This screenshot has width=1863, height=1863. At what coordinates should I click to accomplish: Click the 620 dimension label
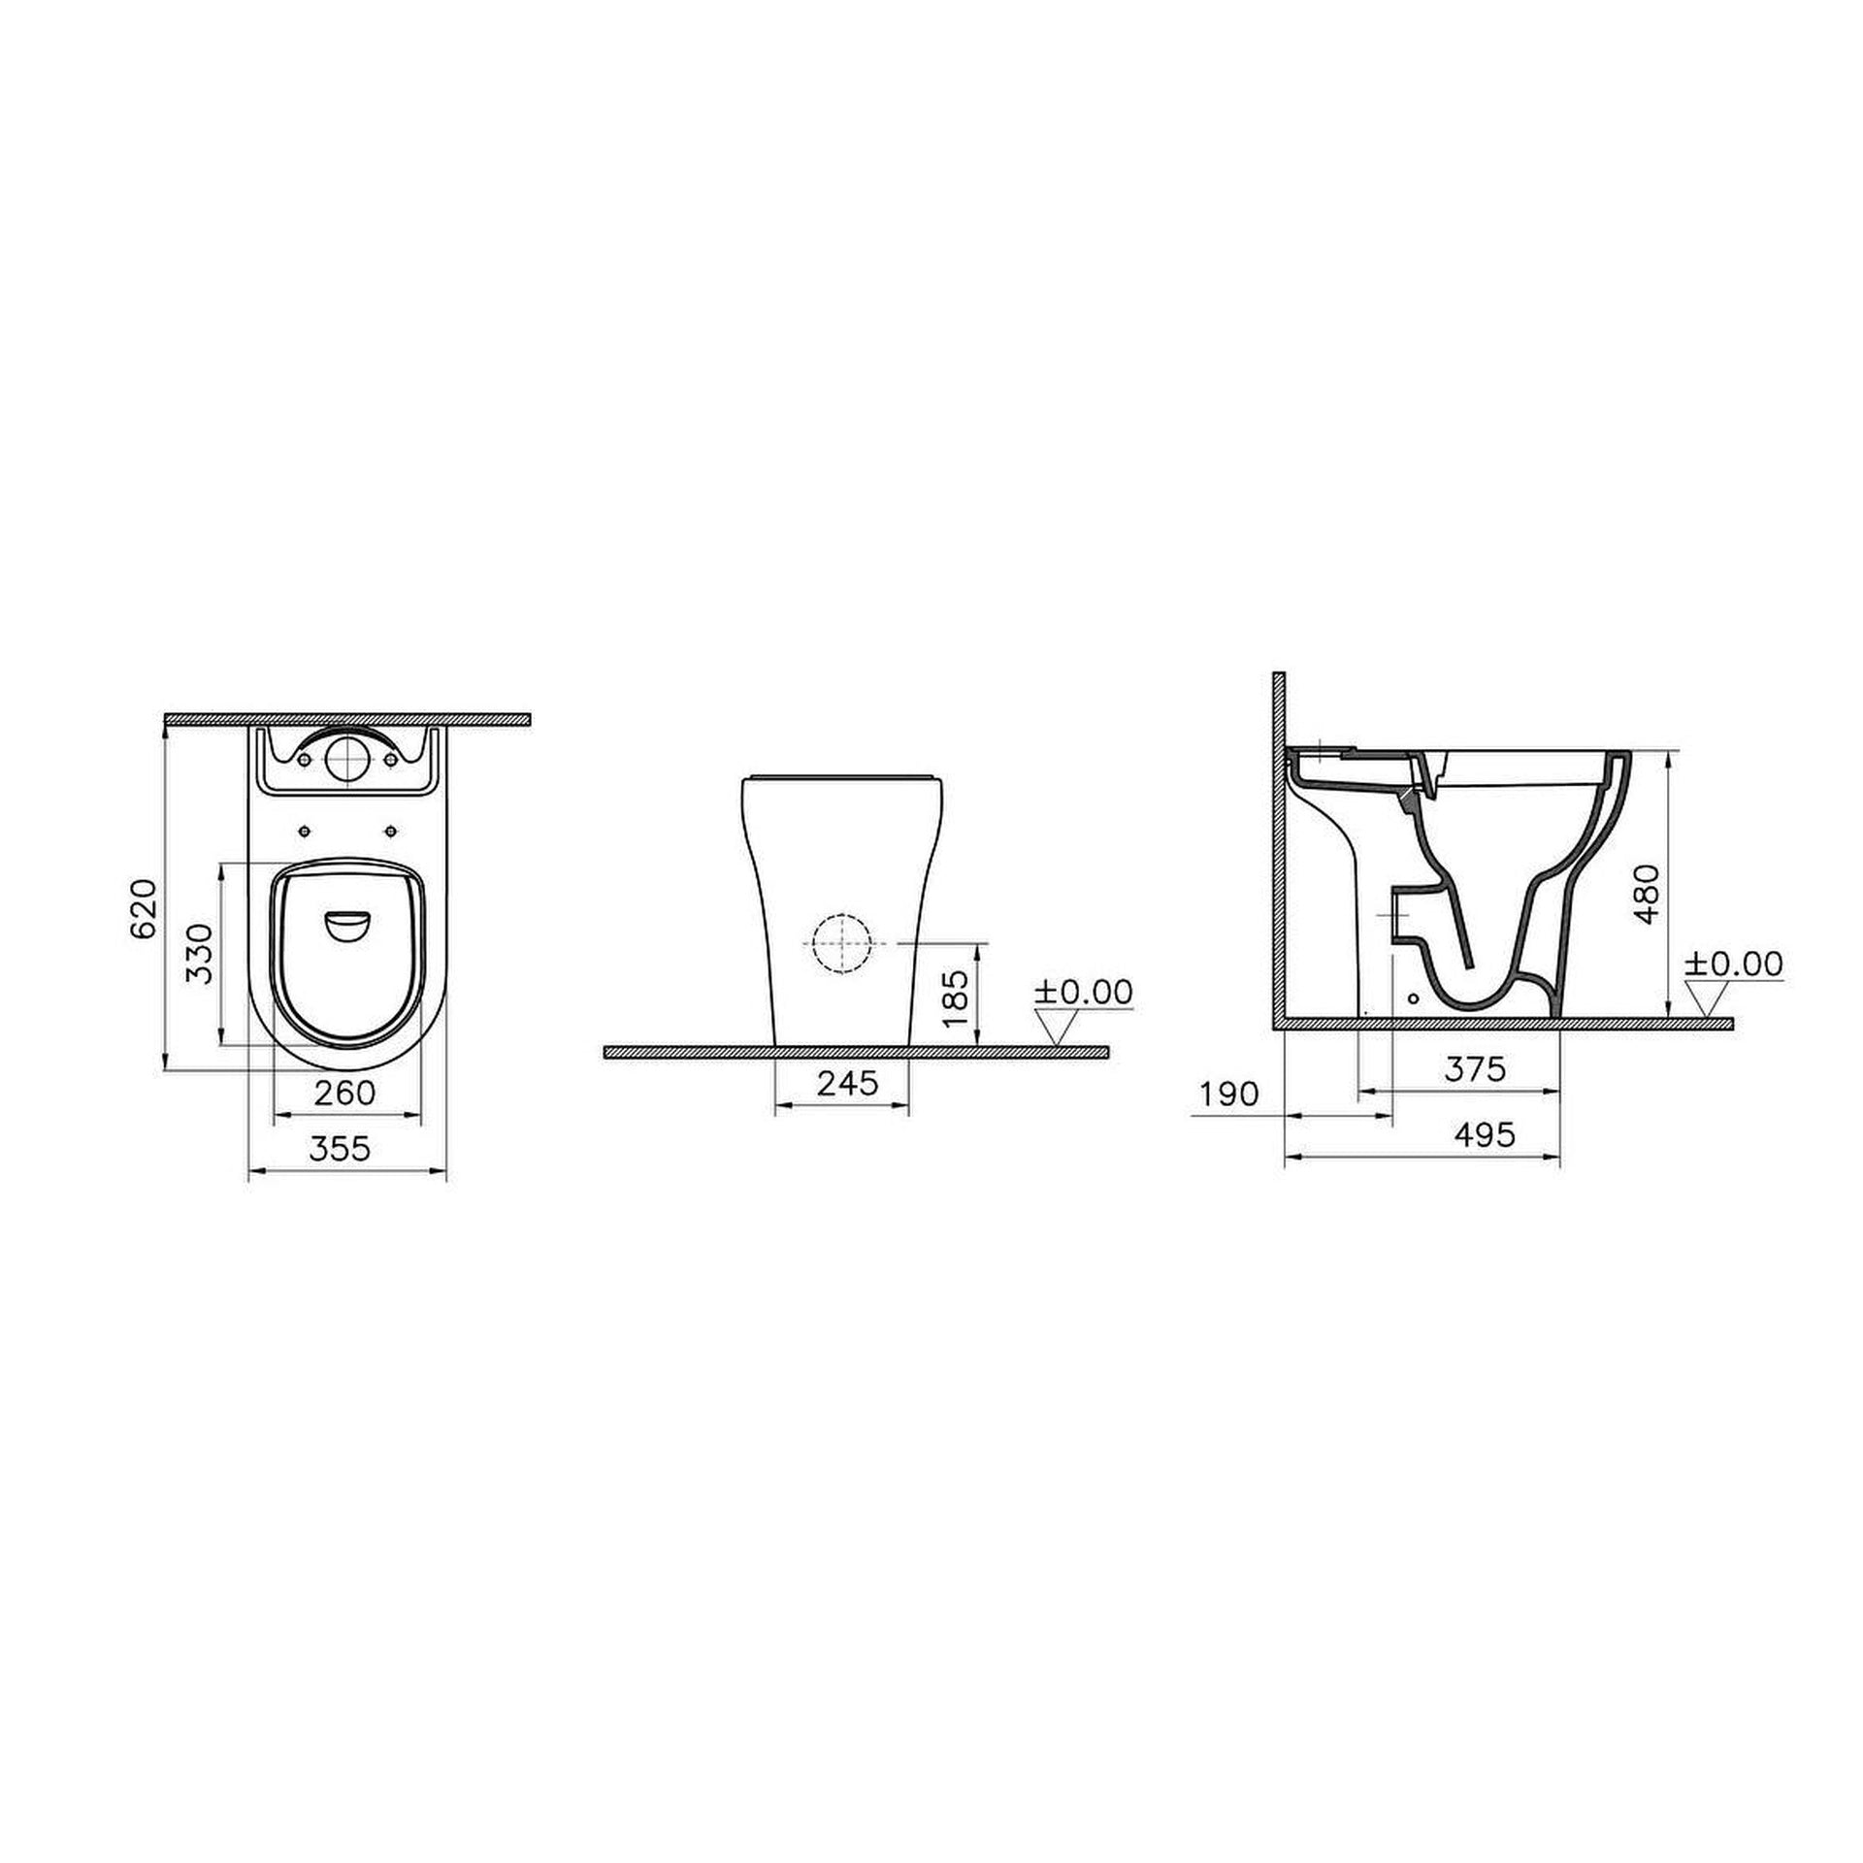(x=143, y=908)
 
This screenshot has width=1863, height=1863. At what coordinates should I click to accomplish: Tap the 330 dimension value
(x=199, y=954)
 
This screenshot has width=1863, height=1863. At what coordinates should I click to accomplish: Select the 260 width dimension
(x=345, y=1093)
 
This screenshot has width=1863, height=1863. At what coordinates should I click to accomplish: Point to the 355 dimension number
(x=340, y=1148)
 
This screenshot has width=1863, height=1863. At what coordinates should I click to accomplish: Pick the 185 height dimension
(x=955, y=998)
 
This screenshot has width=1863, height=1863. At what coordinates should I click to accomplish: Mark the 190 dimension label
(x=1229, y=1094)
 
